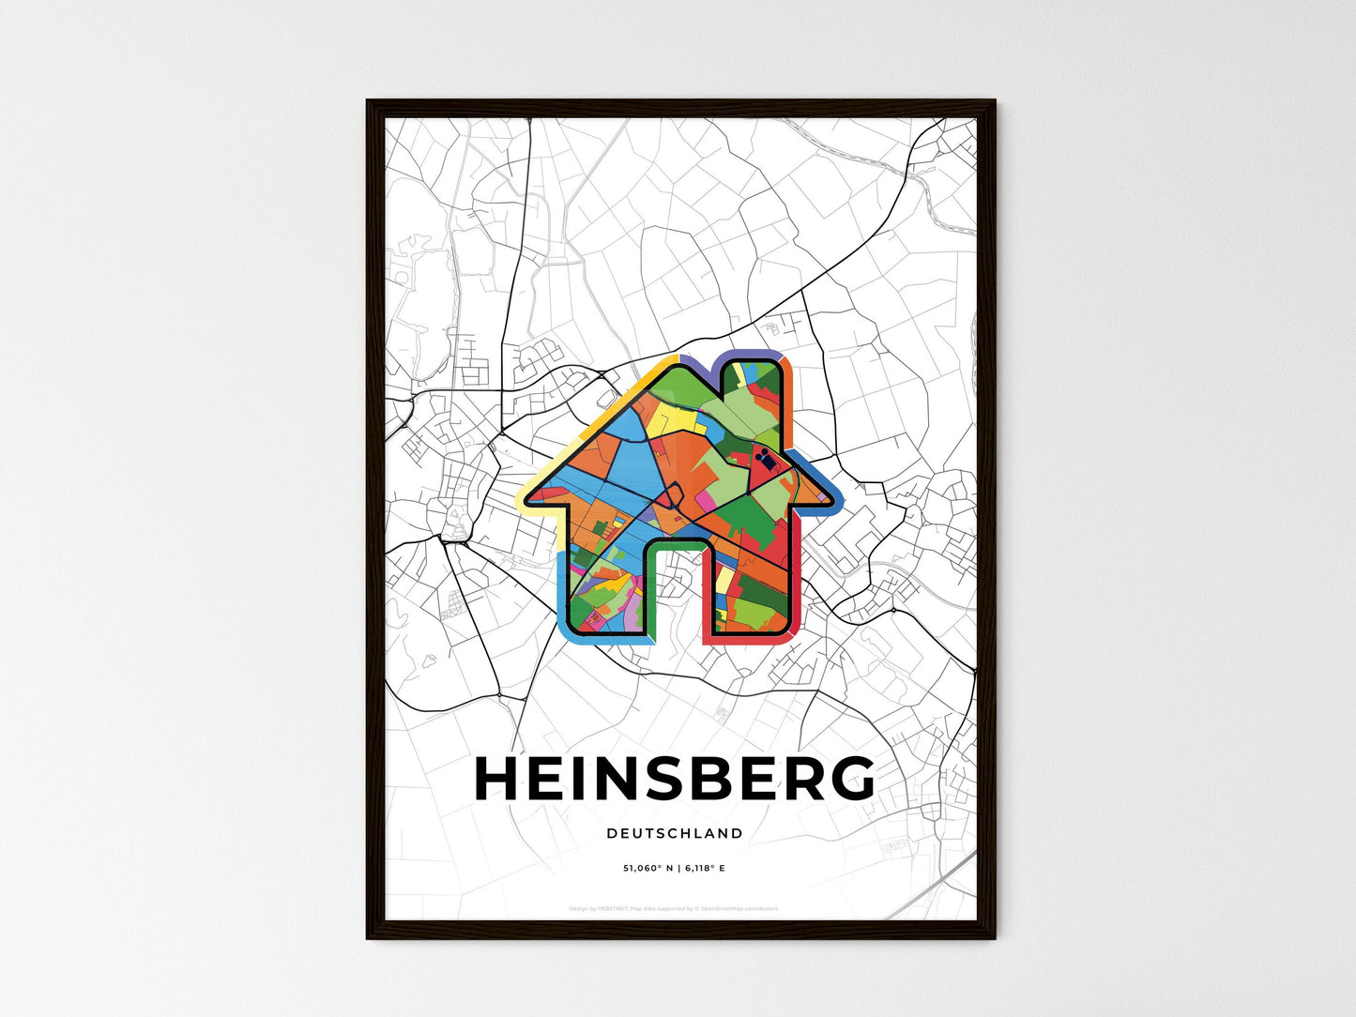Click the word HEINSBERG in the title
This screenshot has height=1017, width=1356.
[x=674, y=779]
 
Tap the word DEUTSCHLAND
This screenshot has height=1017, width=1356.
[x=674, y=833]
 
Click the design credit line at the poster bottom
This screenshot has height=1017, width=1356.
[x=674, y=908]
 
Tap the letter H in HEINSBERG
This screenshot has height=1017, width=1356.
[x=497, y=779]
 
